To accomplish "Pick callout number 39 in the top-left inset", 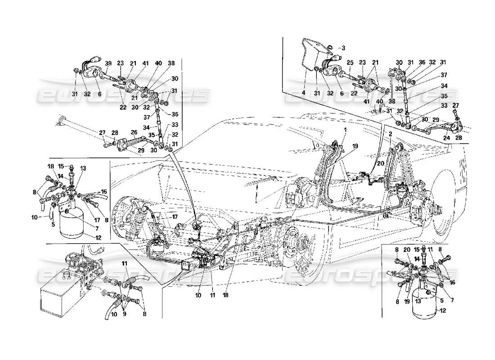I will pos(108,63).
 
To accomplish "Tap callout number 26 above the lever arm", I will pos(133,132).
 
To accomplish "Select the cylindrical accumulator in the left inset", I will pos(72,223).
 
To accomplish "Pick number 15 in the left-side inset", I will pos(60,166).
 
